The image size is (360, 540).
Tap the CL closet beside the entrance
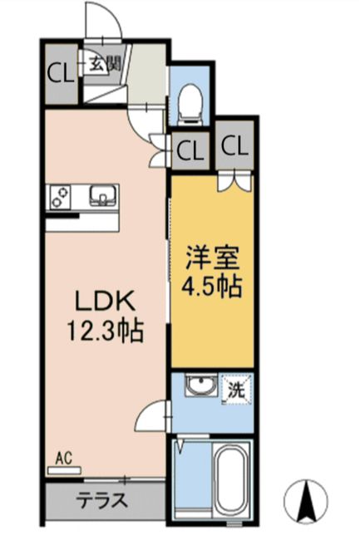58,73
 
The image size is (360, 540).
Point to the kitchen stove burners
61,196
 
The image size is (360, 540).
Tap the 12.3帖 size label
105,332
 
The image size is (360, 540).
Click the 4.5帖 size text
211,287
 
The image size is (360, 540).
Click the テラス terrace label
102,501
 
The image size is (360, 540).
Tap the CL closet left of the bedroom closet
190,151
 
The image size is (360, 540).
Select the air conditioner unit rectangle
65,469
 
